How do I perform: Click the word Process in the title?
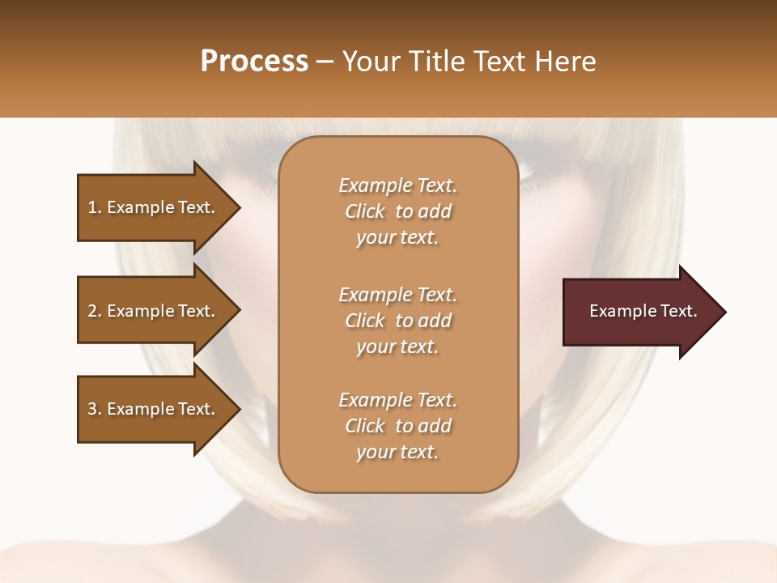(x=254, y=62)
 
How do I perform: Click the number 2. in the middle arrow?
(x=94, y=311)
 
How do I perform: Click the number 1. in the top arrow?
(x=94, y=207)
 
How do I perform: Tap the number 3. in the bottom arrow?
(x=94, y=409)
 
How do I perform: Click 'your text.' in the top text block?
(x=397, y=238)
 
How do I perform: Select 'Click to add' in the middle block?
(x=397, y=321)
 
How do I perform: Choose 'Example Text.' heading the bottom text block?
(x=397, y=400)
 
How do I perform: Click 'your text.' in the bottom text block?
(x=397, y=453)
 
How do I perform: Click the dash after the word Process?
(x=325, y=62)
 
